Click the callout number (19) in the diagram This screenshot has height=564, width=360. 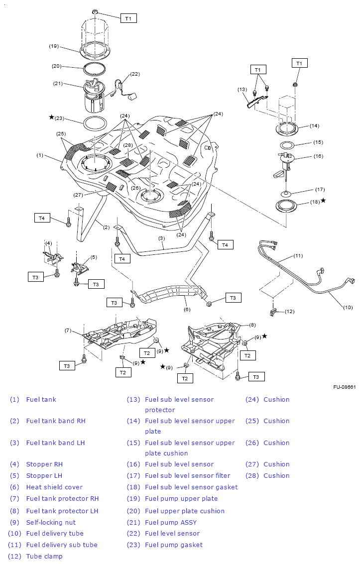pyautogui.click(x=54, y=46)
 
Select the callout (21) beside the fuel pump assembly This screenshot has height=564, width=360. pyautogui.click(x=58, y=84)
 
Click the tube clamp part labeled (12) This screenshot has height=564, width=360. pyautogui.click(x=273, y=312)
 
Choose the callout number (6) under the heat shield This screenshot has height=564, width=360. pyautogui.click(x=187, y=309)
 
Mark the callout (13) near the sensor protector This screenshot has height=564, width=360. pyautogui.click(x=242, y=90)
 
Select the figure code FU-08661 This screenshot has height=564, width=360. pyautogui.click(x=345, y=387)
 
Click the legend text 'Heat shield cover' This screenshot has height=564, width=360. pyautogui.click(x=54, y=487)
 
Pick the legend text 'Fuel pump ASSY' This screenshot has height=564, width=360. pyautogui.click(x=170, y=522)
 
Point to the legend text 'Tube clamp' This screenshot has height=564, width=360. pyautogui.click(x=44, y=556)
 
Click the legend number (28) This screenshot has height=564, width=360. pyautogui.click(x=252, y=475)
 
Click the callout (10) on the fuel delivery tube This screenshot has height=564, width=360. pyautogui.click(x=348, y=307)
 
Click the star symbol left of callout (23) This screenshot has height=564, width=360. pyautogui.click(x=51, y=117)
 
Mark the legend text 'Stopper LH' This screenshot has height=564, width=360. pyautogui.click(x=44, y=475)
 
